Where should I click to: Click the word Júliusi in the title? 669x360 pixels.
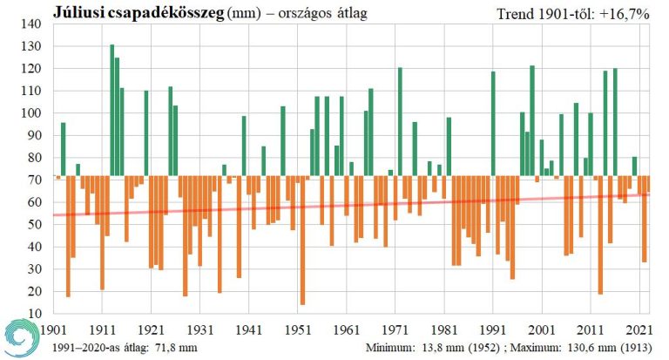pos(79,12)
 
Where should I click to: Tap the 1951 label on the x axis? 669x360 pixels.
pos(299,330)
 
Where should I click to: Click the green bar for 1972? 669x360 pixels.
pos(400,121)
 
